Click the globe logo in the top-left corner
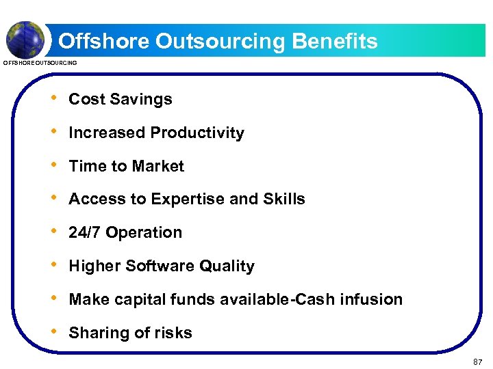[25, 39]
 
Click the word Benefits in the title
[334, 42]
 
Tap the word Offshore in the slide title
[103, 42]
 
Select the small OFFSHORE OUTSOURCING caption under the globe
[40, 64]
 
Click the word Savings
[146, 99]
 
